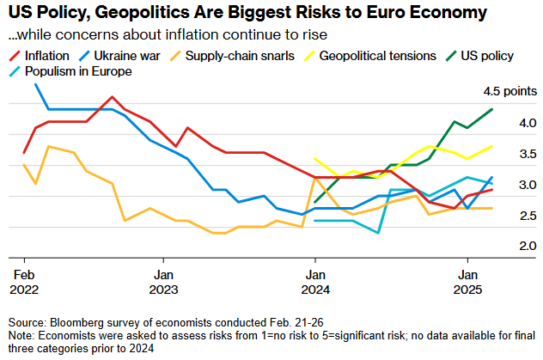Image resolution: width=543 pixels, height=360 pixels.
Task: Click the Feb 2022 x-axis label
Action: (x=24, y=282)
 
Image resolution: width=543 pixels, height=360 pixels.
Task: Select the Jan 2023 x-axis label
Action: (x=163, y=282)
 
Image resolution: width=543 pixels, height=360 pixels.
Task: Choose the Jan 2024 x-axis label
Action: (x=315, y=282)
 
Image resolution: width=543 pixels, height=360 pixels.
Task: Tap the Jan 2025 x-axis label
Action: (x=467, y=282)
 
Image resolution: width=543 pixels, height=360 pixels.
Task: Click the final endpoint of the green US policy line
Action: (x=492, y=109)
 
